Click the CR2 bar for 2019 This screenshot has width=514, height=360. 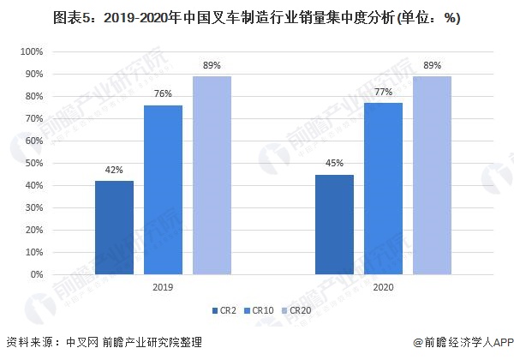[x=114, y=228]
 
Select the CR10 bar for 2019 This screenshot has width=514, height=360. [x=163, y=190]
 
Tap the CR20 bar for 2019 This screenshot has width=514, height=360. [x=212, y=176]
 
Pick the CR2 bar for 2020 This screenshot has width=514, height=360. [x=334, y=225]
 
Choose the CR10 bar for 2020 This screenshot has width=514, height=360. [x=383, y=189]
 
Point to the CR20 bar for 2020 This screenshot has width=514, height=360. [x=432, y=176]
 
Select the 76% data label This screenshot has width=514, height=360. [x=163, y=93]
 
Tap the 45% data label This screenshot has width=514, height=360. [x=334, y=163]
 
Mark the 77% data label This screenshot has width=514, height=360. [x=383, y=91]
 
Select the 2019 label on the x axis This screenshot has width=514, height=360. [x=163, y=289]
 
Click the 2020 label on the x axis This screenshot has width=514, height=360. [x=383, y=289]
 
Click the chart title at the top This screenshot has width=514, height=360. [x=257, y=20]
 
